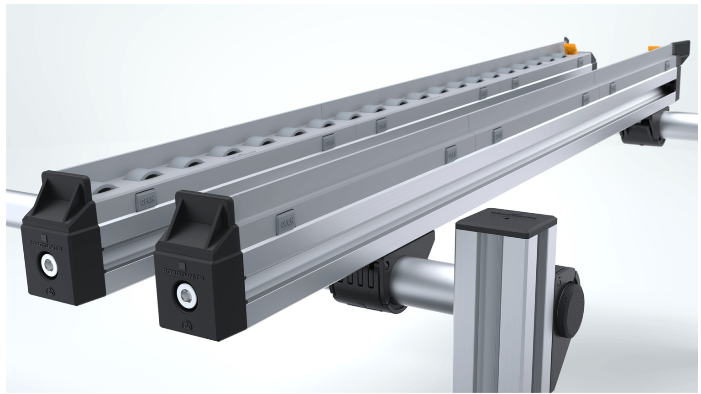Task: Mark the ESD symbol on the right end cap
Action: tap(187, 325)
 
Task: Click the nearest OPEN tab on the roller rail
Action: tap(146, 200)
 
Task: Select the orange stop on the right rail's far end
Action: tap(654, 47)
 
